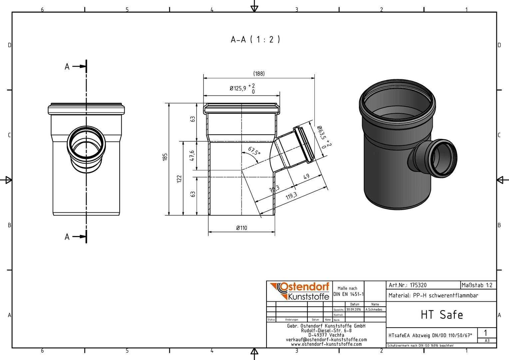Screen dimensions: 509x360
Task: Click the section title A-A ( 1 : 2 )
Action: (x=255, y=40)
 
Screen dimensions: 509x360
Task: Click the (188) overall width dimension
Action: (x=259, y=74)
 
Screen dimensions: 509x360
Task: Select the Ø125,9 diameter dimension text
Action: (x=238, y=88)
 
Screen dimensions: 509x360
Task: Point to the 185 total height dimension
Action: (x=165, y=157)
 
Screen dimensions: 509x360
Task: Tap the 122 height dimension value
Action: (x=179, y=179)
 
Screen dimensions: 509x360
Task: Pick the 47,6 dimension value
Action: (x=192, y=156)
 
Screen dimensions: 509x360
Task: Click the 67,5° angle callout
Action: (x=254, y=151)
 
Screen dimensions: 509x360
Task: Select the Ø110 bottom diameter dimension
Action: (x=242, y=228)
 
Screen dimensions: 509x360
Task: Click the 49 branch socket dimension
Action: (x=306, y=177)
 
